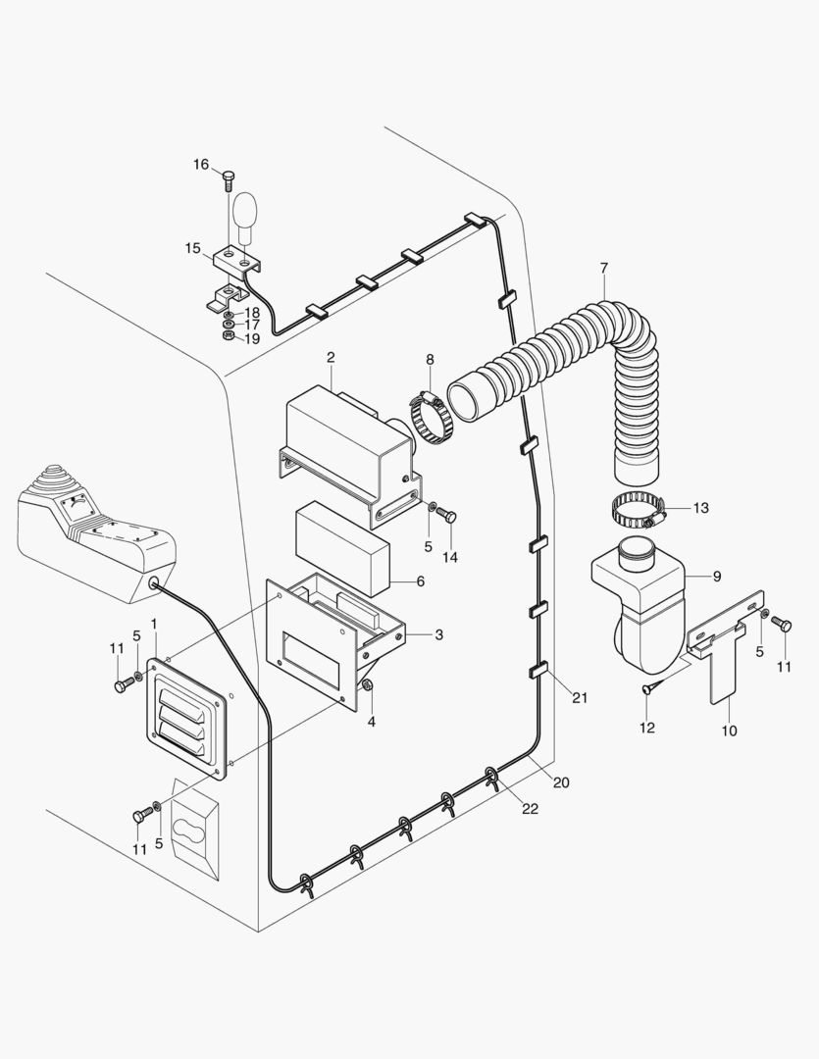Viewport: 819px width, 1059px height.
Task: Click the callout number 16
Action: pyautogui.click(x=201, y=164)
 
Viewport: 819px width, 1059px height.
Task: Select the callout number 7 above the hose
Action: pyautogui.click(x=603, y=268)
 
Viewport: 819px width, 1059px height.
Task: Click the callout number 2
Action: pyautogui.click(x=331, y=357)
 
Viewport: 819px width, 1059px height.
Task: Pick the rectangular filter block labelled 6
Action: pyautogui.click(x=342, y=548)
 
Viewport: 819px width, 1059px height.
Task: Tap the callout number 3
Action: pyautogui.click(x=439, y=634)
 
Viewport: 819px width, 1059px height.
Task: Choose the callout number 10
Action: pyautogui.click(x=729, y=731)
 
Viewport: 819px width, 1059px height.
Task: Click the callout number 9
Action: pyautogui.click(x=716, y=577)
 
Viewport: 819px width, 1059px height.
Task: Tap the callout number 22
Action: pyautogui.click(x=531, y=808)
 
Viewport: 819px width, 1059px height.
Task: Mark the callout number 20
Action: pyautogui.click(x=561, y=782)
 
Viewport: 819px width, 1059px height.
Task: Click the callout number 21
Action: pyautogui.click(x=580, y=698)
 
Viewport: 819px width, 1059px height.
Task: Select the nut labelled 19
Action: pyautogui.click(x=229, y=335)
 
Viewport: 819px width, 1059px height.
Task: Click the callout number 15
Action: pyautogui.click(x=192, y=248)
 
